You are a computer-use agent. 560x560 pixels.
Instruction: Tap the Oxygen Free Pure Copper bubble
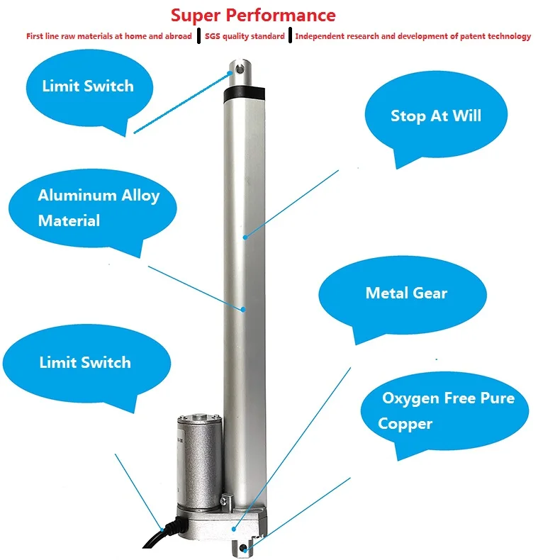(x=447, y=410)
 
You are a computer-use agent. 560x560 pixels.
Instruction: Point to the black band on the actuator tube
(x=245, y=92)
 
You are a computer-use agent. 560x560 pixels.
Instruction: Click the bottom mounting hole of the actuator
(x=244, y=548)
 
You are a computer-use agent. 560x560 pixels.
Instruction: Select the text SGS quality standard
(x=245, y=36)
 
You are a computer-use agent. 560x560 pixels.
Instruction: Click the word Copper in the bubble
(x=405, y=424)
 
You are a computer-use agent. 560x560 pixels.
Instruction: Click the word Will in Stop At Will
(x=466, y=116)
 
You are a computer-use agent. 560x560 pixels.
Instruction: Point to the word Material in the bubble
(x=69, y=220)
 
